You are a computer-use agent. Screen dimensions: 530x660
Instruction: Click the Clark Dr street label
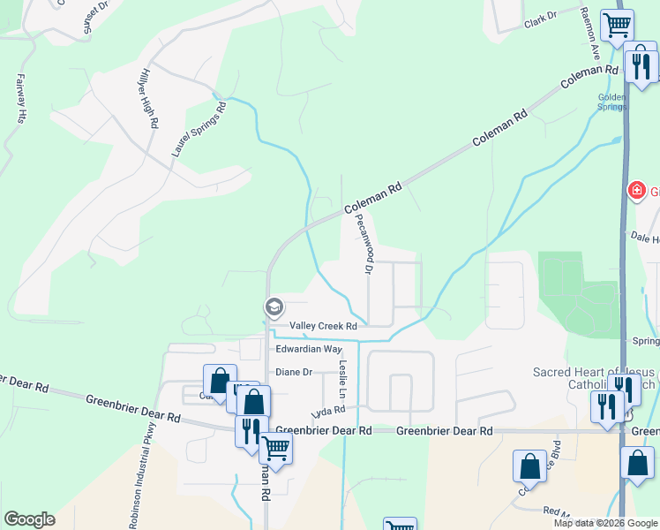tap(541, 17)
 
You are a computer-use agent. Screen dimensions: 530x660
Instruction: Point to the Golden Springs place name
tap(611, 102)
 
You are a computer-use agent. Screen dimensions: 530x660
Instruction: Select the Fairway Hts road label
tap(21, 97)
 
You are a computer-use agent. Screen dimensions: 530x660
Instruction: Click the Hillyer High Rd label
tap(149, 100)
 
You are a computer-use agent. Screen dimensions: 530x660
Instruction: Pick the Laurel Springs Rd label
tap(199, 129)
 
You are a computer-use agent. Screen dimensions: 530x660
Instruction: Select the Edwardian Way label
tap(309, 350)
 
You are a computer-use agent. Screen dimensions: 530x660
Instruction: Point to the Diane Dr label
tap(295, 373)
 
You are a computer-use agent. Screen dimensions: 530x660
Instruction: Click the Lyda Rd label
tap(326, 413)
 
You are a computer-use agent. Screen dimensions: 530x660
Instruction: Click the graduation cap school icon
tap(274, 307)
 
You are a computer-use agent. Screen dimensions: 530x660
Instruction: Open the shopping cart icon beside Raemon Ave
tap(617, 24)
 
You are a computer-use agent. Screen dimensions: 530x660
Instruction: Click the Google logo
tap(29, 519)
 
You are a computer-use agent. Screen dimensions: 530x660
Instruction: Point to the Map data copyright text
tap(605, 523)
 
